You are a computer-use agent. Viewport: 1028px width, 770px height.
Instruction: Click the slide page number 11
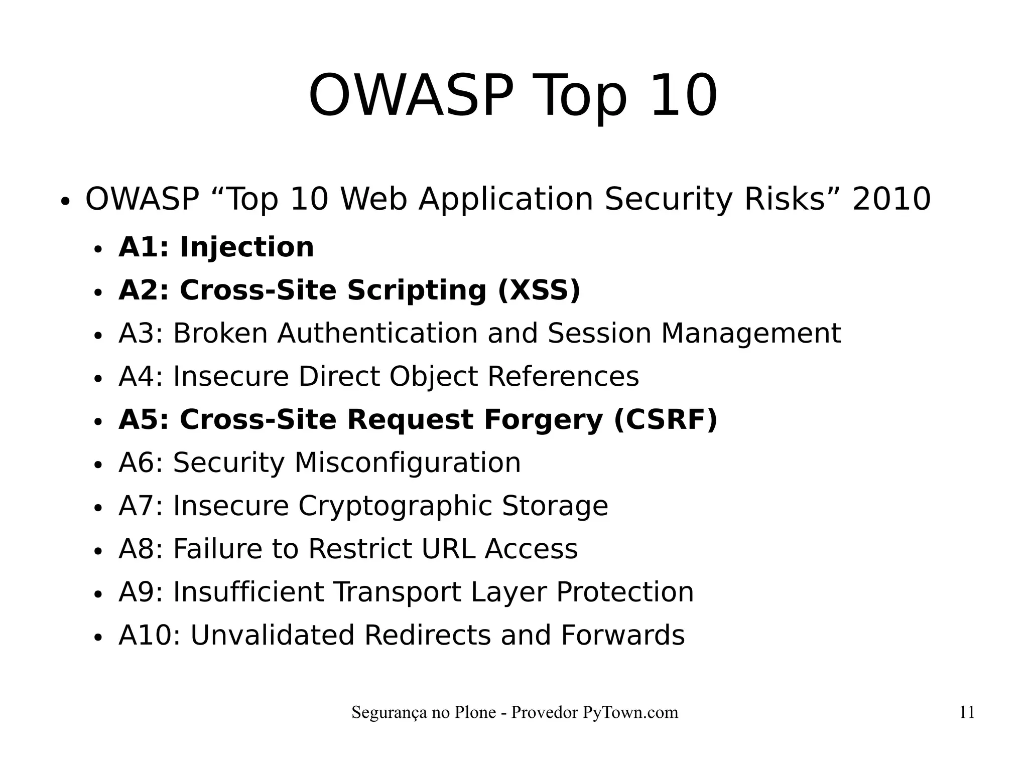coord(967,712)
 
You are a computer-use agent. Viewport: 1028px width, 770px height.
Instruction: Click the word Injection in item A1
coord(246,247)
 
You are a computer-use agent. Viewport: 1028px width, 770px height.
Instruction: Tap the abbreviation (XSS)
coord(539,290)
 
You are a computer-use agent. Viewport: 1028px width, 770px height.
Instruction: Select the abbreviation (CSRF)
coord(666,420)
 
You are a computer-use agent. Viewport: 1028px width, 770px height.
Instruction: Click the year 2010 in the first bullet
coord(891,199)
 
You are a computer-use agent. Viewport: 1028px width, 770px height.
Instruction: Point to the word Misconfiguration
coord(407,463)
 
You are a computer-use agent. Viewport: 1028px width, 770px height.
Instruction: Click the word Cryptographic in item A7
coord(395,506)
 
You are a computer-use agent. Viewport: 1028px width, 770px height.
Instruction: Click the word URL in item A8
coord(448,549)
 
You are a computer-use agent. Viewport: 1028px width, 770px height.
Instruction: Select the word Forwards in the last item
coord(622,635)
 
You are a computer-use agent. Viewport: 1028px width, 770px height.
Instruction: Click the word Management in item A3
coord(750,334)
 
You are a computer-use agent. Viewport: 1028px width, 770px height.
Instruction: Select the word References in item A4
coord(563,377)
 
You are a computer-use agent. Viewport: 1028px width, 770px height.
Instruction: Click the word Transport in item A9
coord(397,592)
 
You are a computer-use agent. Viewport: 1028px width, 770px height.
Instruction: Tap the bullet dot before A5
coord(98,422)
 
